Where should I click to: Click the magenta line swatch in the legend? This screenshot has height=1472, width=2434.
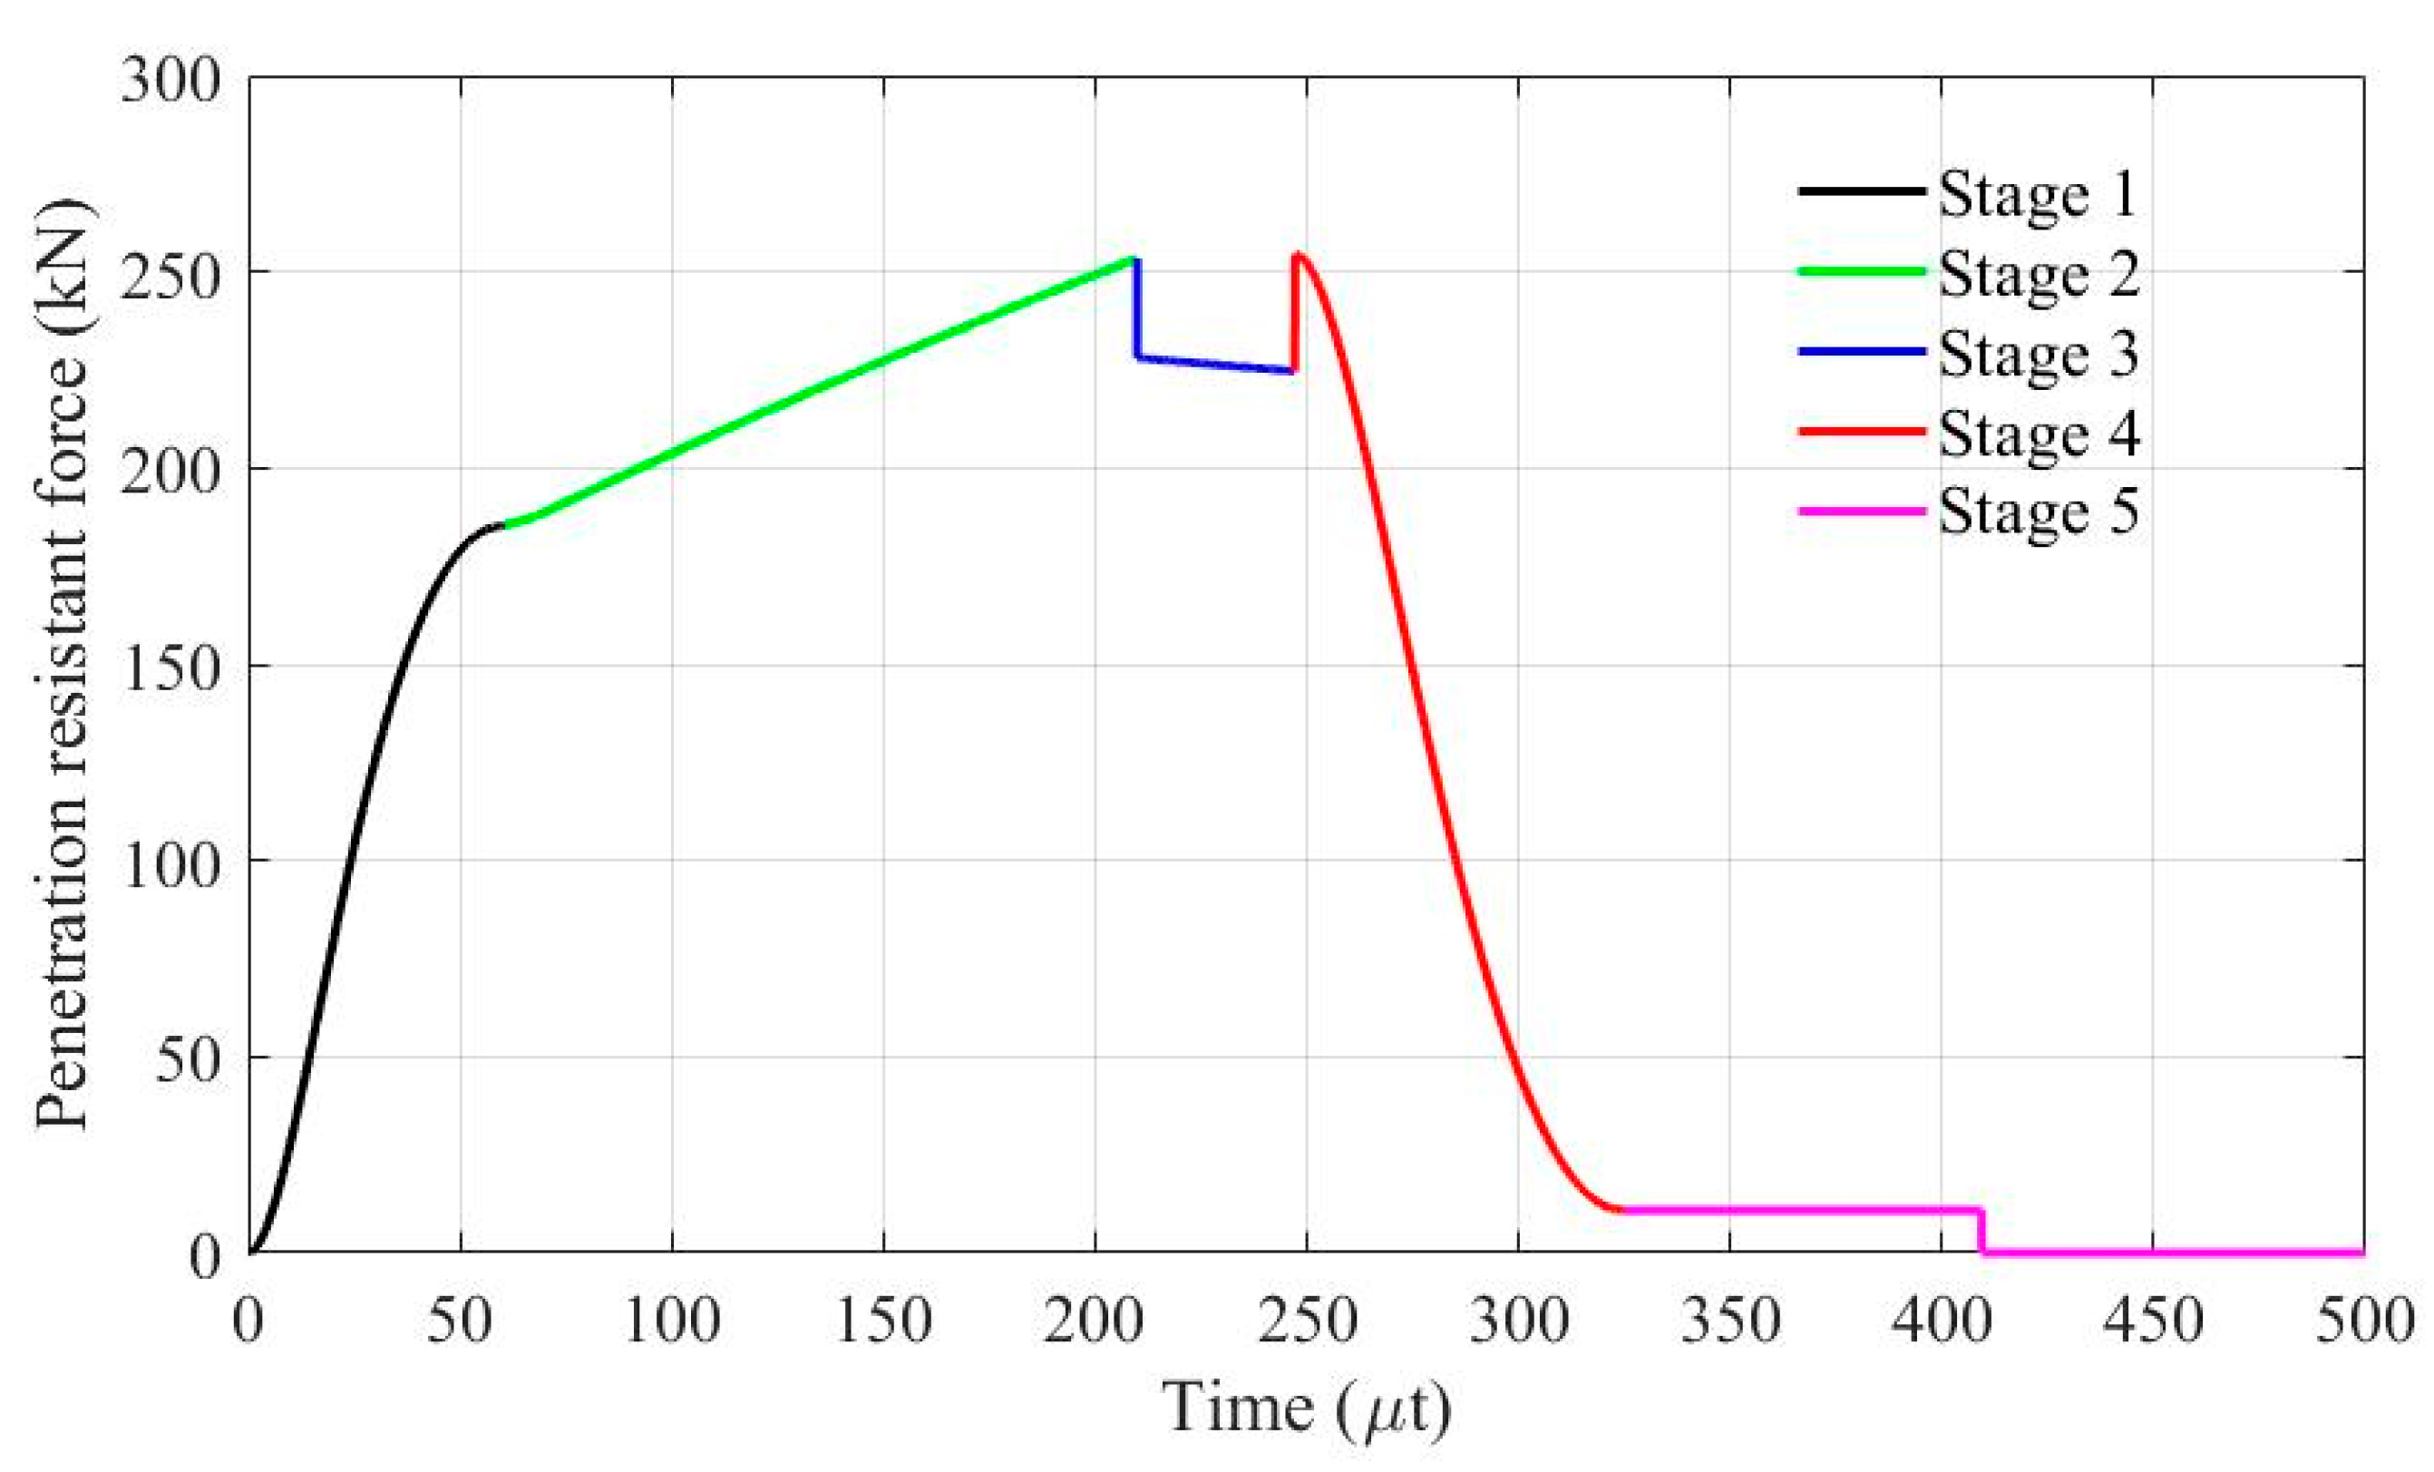[1861, 512]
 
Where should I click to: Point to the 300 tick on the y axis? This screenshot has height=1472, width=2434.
[169, 80]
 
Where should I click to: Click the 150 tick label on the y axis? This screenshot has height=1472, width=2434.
[169, 668]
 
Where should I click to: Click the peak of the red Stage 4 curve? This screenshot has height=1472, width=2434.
[1298, 254]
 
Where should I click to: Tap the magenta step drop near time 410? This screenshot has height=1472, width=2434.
[1981, 1231]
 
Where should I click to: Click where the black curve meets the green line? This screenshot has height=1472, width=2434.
[505, 525]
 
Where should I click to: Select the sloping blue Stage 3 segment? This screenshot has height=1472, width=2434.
[1215, 365]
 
